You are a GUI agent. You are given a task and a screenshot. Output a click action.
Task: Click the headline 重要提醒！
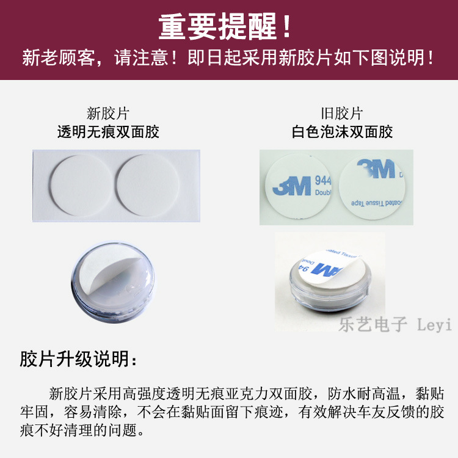(x=227, y=26)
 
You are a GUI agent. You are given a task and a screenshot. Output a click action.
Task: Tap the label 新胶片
(x=108, y=113)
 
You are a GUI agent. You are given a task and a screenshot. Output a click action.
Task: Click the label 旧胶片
(x=341, y=113)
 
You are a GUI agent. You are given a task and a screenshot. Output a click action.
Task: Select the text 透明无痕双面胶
(x=108, y=131)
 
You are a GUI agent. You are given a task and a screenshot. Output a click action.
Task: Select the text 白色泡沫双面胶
(x=341, y=131)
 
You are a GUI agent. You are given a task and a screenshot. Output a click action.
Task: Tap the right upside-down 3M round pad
(x=373, y=186)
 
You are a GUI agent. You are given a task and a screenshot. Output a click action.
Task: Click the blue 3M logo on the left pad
(x=293, y=186)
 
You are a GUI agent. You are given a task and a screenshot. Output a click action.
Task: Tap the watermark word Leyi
(x=434, y=324)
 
